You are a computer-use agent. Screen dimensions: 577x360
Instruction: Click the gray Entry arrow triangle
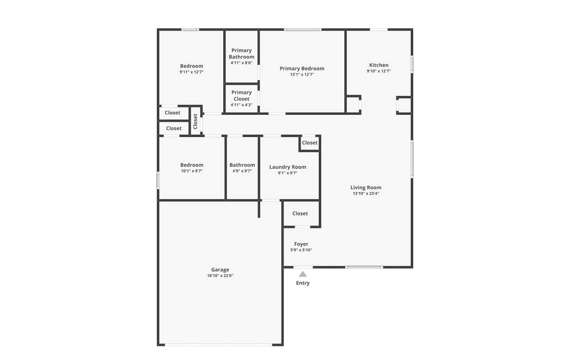point(302,274)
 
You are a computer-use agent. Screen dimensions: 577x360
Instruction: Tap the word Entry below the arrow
point(302,283)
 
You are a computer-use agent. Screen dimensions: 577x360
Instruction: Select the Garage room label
point(220,269)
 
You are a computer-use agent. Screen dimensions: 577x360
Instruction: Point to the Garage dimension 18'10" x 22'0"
point(220,276)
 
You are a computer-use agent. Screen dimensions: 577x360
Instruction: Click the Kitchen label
point(379,65)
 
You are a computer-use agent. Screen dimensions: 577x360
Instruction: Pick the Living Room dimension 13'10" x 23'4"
point(366,193)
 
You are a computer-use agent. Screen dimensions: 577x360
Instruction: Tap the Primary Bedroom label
point(302,68)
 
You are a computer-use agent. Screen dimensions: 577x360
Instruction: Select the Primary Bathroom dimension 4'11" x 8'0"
point(241,63)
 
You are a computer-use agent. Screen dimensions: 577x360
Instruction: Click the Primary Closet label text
point(241,96)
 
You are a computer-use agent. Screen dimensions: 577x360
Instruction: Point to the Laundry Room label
point(288,167)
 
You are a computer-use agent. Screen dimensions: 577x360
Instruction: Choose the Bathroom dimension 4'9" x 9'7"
point(242,171)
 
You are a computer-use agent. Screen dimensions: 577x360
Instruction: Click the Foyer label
point(301,244)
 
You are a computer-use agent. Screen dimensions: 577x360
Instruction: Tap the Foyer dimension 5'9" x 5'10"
point(301,250)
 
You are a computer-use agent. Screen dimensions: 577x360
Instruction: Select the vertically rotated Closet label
point(195,122)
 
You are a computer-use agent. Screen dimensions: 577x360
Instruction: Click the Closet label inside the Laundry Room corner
point(310,143)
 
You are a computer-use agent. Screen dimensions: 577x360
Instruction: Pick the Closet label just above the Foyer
point(300,214)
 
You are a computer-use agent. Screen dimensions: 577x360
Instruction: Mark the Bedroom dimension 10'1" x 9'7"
point(192,171)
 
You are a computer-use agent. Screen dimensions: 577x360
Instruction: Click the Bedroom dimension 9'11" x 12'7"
point(192,72)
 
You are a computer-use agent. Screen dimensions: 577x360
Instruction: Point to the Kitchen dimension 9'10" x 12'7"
point(379,71)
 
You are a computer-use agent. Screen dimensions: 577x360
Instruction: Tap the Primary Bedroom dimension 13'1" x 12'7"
point(302,75)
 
